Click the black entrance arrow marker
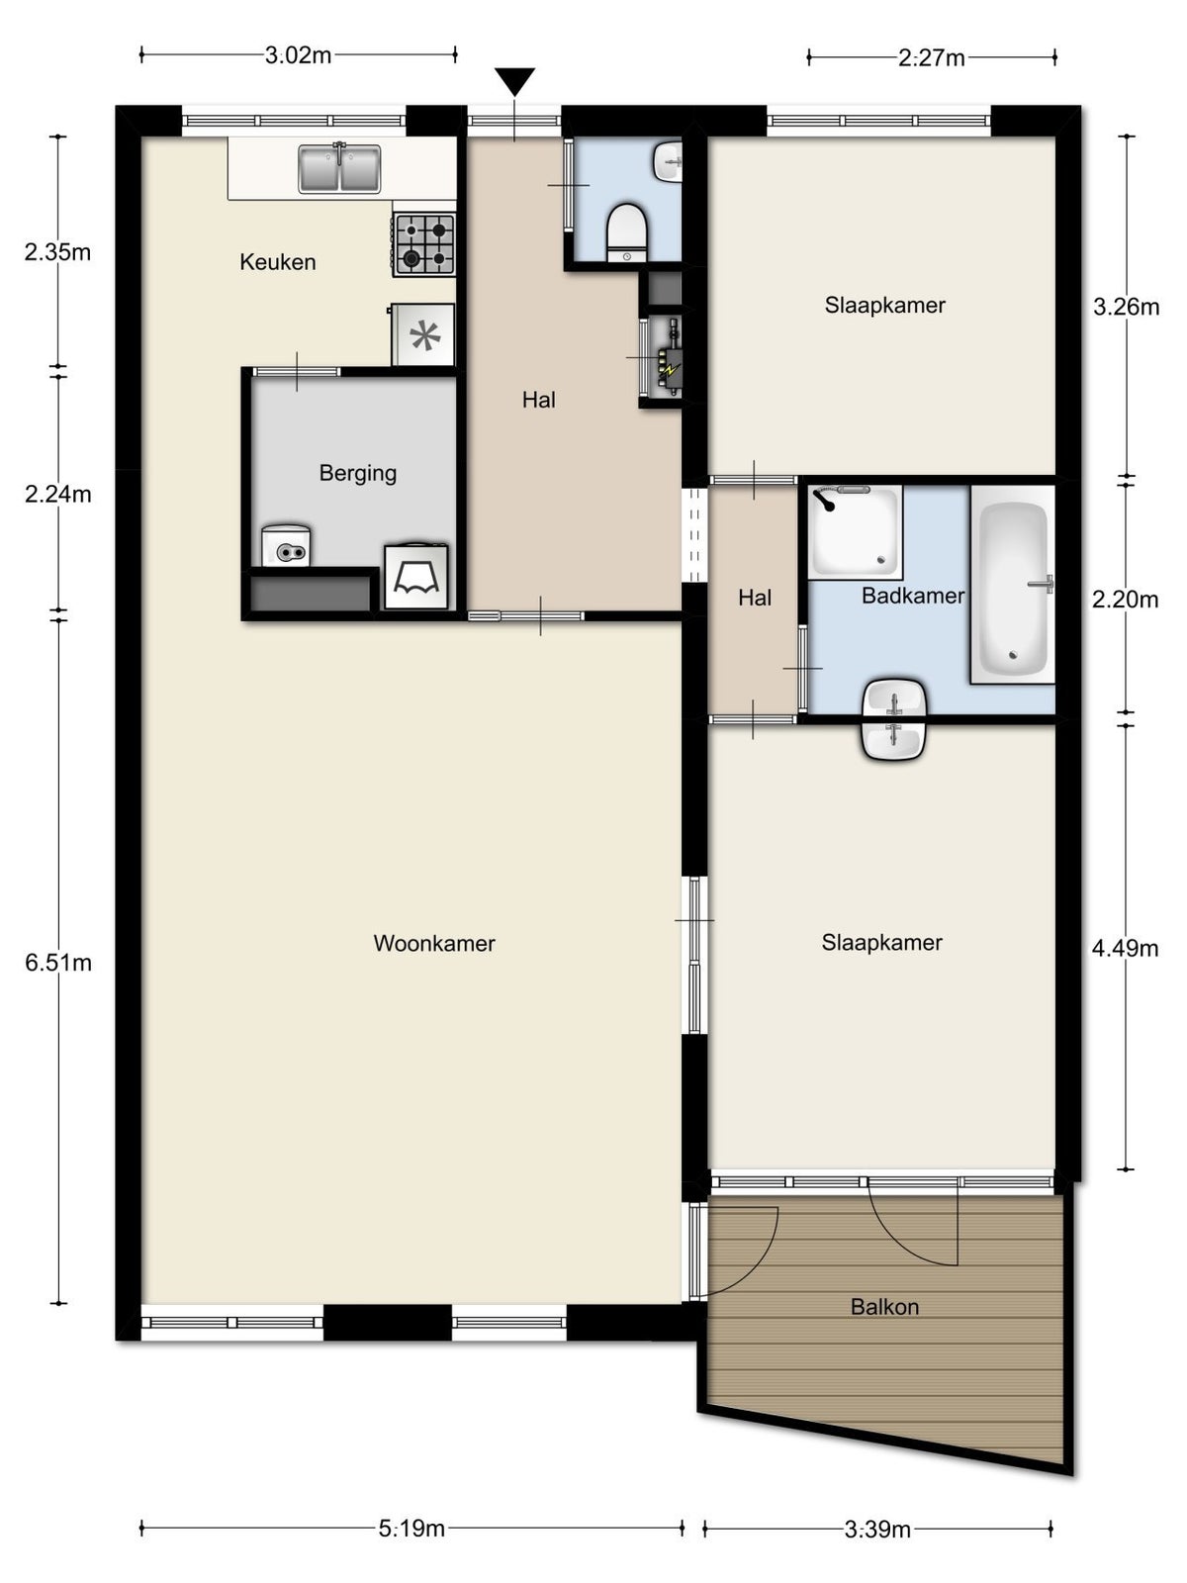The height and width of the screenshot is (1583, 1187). point(514,80)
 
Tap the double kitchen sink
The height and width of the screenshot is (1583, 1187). point(340,168)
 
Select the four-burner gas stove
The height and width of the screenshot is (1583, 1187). point(424,244)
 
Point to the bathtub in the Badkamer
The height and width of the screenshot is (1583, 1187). point(1012,586)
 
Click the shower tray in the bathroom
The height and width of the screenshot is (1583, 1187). point(856,532)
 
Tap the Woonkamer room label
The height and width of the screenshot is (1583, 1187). point(433,943)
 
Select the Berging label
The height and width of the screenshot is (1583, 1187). point(357,473)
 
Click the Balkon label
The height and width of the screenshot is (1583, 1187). point(884,1307)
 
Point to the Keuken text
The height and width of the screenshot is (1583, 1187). point(278,262)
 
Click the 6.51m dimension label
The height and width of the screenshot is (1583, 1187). point(58,962)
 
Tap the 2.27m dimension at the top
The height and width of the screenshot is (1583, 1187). point(932,57)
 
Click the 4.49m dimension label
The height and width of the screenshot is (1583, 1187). point(1125,948)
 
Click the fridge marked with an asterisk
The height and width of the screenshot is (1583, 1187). point(424,335)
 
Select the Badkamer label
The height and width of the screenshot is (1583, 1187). point(912,596)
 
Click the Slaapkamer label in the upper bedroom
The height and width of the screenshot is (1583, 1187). point(884,305)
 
